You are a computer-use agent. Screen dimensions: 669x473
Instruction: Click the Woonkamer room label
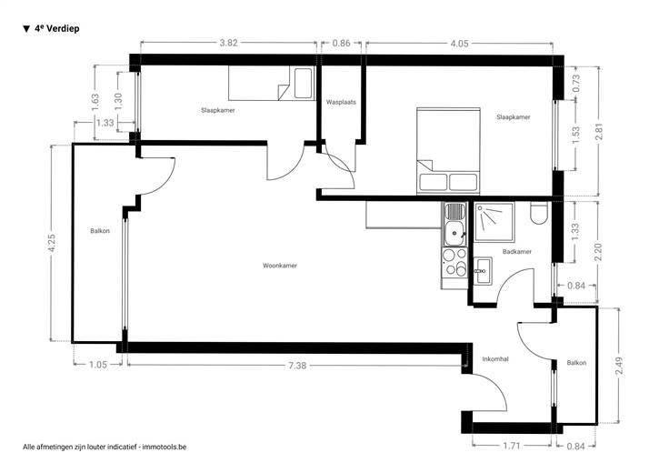point(280,266)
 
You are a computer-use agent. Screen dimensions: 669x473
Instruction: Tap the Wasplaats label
point(341,103)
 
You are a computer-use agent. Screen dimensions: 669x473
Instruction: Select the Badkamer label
point(517,252)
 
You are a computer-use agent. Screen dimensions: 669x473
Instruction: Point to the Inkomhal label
point(495,359)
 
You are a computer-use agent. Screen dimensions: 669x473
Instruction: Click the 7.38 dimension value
point(297,366)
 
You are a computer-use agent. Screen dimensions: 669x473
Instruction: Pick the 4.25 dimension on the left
point(52,243)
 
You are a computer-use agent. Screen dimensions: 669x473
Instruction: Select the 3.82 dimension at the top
point(228,43)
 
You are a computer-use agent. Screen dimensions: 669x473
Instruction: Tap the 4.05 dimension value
point(460,44)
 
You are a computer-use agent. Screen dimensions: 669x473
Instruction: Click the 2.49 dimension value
point(620,366)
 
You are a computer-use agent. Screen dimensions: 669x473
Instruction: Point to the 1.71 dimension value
point(512,446)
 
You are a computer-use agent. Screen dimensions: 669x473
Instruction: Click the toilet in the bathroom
point(539,213)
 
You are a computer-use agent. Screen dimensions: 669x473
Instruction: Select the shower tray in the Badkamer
point(494,222)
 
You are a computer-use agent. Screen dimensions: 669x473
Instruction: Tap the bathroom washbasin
point(483,271)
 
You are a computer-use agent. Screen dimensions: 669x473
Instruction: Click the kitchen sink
point(454,225)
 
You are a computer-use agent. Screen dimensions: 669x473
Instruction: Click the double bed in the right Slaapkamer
point(448,151)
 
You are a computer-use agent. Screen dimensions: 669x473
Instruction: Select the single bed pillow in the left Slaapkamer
point(304,83)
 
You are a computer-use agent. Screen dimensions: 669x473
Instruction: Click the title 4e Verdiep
point(51,29)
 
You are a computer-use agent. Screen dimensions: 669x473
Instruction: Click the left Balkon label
point(100,231)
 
